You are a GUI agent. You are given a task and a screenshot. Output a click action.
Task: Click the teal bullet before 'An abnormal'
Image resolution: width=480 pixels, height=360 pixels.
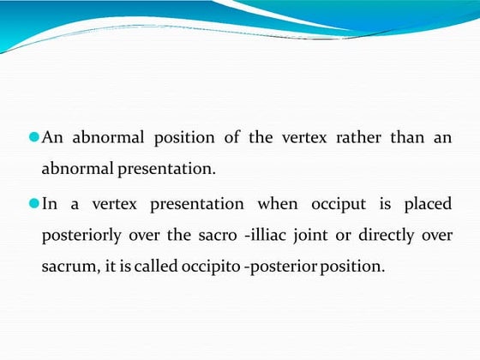pyautogui.click(x=34, y=137)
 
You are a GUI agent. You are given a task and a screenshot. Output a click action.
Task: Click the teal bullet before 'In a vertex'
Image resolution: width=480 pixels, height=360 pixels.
pyautogui.click(x=34, y=204)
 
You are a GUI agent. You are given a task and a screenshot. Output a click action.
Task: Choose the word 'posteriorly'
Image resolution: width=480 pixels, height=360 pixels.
pyautogui.click(x=80, y=236)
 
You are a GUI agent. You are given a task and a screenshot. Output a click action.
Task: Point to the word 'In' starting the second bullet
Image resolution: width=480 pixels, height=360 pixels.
pyautogui.click(x=50, y=204)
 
